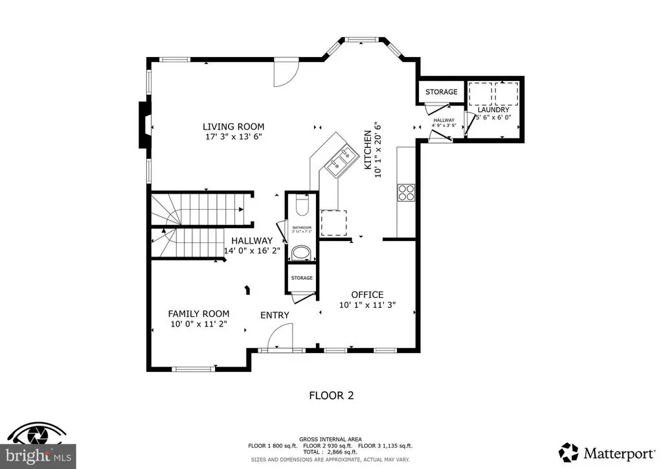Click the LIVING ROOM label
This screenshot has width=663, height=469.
point(233,126)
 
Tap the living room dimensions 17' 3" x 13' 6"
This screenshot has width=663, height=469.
point(233,137)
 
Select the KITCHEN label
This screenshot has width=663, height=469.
point(367,150)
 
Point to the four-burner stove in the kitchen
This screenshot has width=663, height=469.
point(405,192)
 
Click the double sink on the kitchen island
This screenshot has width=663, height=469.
point(341,161)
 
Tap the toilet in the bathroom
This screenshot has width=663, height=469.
point(302,207)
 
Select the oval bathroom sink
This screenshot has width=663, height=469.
point(302,252)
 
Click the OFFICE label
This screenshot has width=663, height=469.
point(367,295)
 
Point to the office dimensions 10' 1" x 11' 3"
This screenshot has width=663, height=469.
point(367,305)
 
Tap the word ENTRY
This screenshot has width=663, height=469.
point(275,315)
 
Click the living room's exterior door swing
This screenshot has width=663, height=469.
point(284,73)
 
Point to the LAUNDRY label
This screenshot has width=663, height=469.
point(493,109)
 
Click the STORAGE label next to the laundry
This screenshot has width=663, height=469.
point(441,92)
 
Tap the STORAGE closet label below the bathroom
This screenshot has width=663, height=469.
point(302,278)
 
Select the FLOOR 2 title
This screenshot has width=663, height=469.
point(331,395)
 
